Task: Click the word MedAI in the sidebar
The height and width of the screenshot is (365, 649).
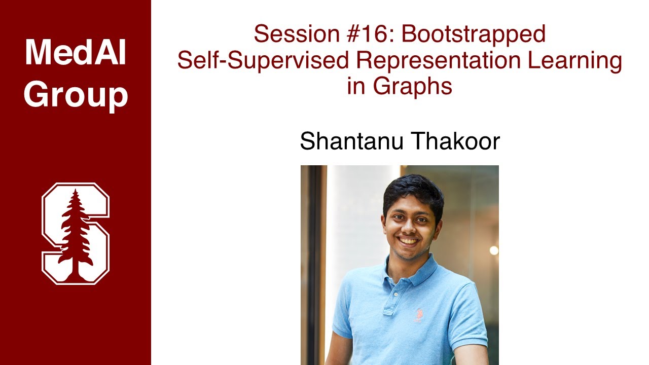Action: (75, 52)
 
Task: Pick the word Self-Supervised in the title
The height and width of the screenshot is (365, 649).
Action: (263, 61)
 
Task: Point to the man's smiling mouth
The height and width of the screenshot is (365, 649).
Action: (408, 241)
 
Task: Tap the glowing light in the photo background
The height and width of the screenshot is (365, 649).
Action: (493, 250)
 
